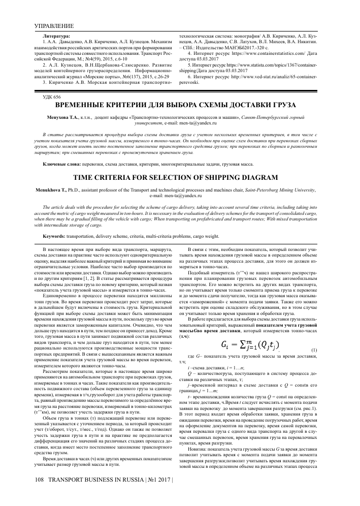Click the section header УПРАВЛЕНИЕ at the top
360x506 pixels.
[53, 25]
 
